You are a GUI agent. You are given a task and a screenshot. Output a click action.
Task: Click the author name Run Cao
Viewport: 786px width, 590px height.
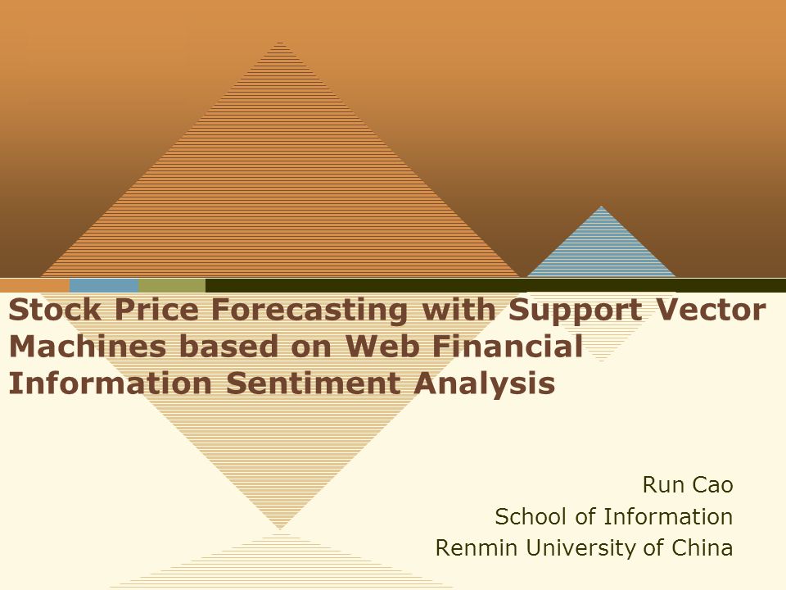688,485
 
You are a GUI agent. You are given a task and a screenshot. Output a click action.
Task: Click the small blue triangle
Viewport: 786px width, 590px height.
602,250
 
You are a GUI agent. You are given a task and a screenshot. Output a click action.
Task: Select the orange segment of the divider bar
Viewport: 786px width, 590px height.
34,285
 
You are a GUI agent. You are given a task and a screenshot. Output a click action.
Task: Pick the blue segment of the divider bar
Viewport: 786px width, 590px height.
104,285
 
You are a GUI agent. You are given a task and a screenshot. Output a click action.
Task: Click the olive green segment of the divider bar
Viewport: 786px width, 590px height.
172,285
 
